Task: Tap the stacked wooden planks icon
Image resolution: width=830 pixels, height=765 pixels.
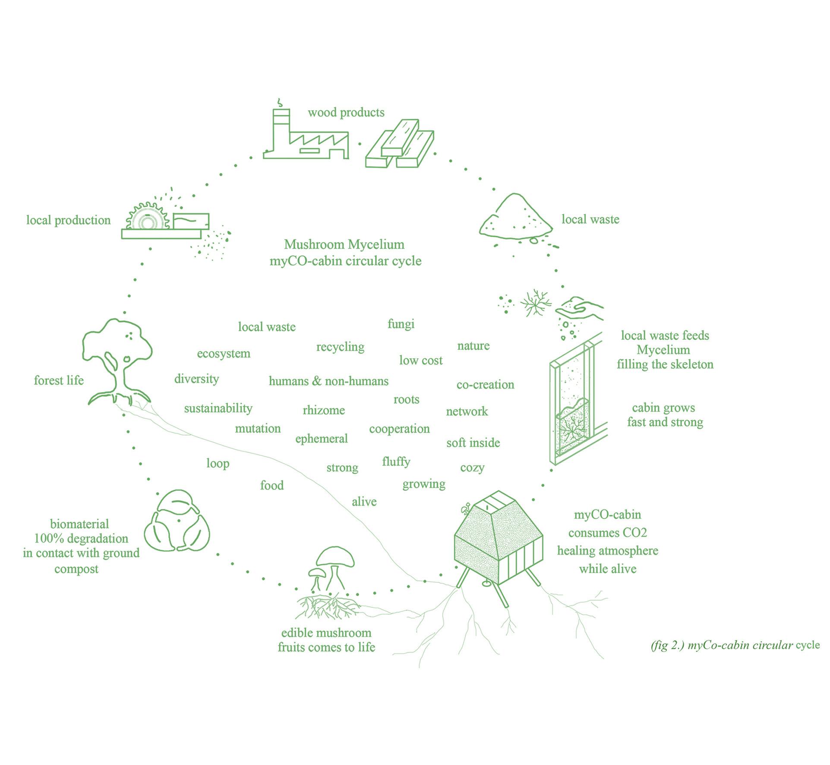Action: [x=399, y=144]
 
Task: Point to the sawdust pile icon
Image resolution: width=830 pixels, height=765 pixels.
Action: [x=516, y=218]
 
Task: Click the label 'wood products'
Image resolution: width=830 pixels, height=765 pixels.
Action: [x=346, y=113]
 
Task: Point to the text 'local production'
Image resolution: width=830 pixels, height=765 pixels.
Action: [x=68, y=220]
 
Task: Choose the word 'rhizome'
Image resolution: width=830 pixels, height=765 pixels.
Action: [x=324, y=410]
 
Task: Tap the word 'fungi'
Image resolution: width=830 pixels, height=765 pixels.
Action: [x=401, y=324]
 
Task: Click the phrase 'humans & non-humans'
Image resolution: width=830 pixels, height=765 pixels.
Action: [x=328, y=381]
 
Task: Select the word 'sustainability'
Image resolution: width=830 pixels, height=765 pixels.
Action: [x=218, y=408]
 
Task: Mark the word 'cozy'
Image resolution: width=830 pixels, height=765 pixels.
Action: [x=472, y=468]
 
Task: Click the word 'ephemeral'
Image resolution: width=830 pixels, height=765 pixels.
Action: [x=321, y=439]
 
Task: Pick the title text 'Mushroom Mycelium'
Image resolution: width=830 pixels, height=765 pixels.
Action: [x=344, y=245]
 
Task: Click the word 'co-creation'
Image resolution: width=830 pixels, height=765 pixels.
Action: [x=485, y=385]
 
